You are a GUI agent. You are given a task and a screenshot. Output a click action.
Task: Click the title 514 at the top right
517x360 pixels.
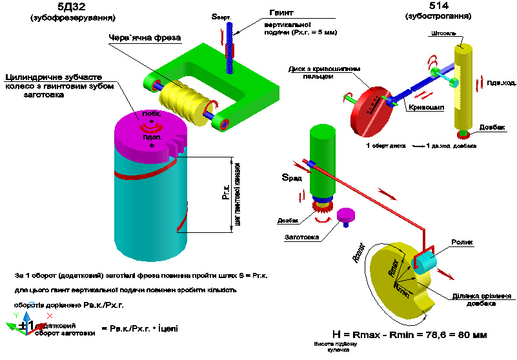click(445, 6)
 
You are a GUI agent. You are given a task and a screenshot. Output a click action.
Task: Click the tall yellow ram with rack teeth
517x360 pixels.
click(463, 87)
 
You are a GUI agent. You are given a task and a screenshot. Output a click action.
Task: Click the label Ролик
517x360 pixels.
click(463, 243)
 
